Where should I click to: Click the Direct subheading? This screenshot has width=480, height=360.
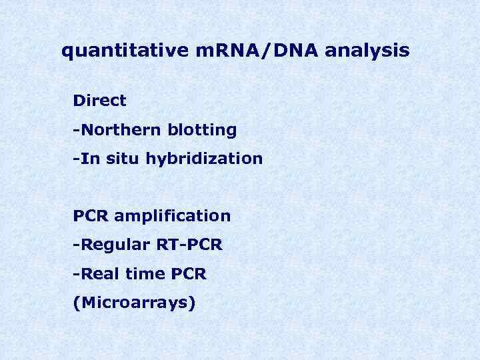(99, 101)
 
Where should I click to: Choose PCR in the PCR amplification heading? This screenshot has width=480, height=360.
(91, 216)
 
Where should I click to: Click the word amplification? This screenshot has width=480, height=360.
(173, 217)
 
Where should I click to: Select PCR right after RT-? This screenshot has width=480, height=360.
(204, 245)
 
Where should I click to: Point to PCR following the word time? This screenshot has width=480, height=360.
(188, 274)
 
